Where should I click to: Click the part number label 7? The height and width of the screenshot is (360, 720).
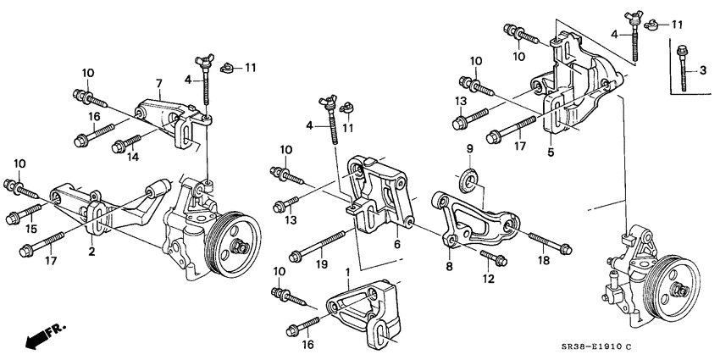(x=158, y=83)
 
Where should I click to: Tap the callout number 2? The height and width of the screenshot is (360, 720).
(x=91, y=252)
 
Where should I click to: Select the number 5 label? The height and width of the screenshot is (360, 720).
(x=551, y=154)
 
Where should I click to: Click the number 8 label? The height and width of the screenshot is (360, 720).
(x=450, y=265)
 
